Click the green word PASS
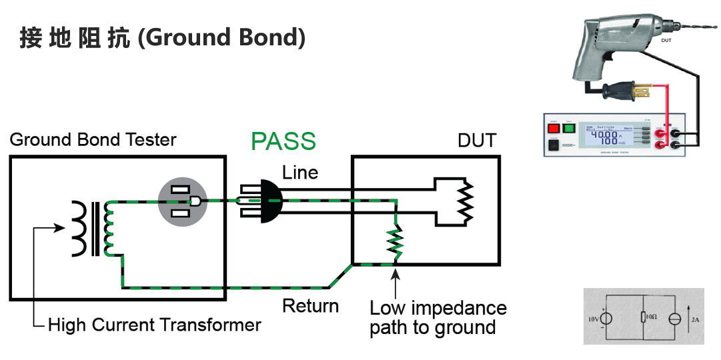pyautogui.click(x=283, y=141)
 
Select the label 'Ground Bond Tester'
pyautogui.click(x=93, y=140)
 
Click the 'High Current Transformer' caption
pyautogui.click(x=154, y=325)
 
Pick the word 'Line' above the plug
pyautogui.click(x=300, y=173)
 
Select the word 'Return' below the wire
pyautogui.click(x=310, y=306)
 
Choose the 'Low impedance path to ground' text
pyautogui.click(x=438, y=318)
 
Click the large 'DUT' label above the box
pyautogui.click(x=477, y=141)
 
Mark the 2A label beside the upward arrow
pyautogui.click(x=695, y=320)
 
